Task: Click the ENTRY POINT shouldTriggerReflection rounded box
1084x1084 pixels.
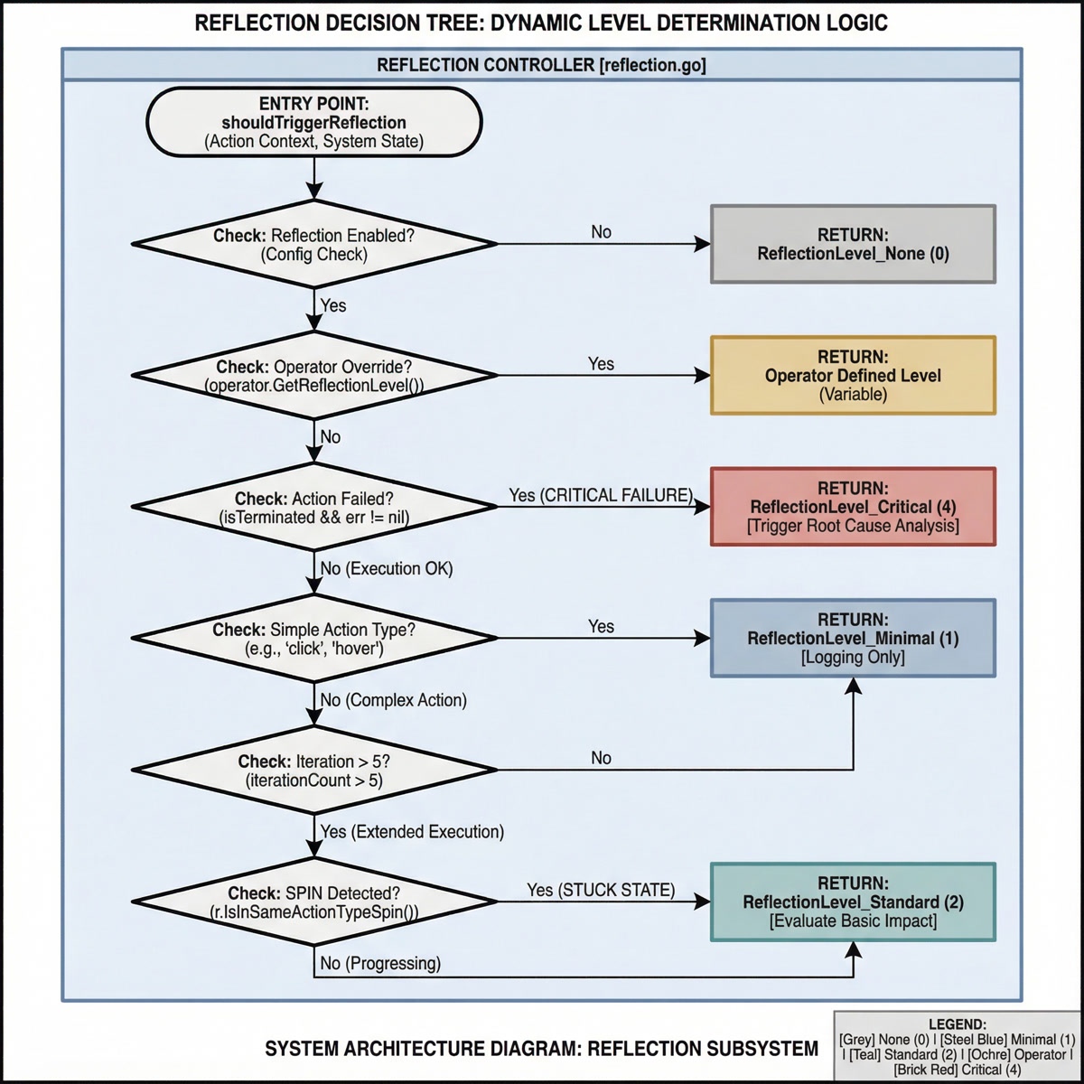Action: point(313,122)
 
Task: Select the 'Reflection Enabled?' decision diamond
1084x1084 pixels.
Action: point(313,245)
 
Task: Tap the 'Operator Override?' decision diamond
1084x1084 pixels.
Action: point(313,376)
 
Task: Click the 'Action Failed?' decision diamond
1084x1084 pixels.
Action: point(313,508)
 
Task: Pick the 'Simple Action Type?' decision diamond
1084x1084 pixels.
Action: point(313,639)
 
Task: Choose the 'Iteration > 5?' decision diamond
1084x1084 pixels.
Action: point(313,771)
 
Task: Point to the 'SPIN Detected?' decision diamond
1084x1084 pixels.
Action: point(313,902)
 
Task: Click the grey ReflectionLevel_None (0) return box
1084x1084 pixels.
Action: point(853,245)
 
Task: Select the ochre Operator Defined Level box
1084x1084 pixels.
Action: point(853,376)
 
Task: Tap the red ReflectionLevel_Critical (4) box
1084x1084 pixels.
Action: point(853,507)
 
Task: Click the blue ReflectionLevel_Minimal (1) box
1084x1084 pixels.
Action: point(853,638)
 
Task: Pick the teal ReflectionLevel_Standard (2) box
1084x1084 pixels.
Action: point(853,902)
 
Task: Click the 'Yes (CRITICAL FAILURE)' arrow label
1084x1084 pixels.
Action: point(601,495)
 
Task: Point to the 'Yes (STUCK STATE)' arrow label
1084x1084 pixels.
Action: point(601,890)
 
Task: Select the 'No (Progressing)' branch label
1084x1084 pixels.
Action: point(380,963)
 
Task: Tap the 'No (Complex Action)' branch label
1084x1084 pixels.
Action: point(393,700)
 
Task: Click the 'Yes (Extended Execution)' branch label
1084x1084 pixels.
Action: point(412,831)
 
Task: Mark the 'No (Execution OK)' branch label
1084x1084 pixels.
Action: point(387,568)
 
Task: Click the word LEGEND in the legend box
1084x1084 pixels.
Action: point(958,1024)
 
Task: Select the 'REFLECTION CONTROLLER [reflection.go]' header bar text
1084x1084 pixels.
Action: point(541,65)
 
